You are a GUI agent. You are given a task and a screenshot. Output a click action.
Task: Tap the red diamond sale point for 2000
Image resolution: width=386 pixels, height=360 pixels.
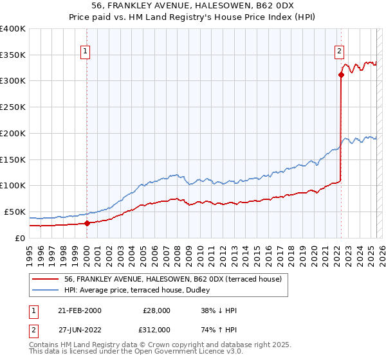(87, 223)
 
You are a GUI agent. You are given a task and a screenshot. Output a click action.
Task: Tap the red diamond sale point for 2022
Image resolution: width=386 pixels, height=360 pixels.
(341, 75)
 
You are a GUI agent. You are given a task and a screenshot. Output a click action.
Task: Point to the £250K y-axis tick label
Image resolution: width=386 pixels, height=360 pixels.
(13, 107)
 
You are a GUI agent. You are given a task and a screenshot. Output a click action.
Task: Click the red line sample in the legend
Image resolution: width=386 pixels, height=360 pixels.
(46, 279)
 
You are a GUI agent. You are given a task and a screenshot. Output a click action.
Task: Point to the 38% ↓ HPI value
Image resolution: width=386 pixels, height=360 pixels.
(219, 310)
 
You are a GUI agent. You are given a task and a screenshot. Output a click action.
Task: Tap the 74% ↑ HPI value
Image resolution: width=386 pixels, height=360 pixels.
(219, 329)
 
